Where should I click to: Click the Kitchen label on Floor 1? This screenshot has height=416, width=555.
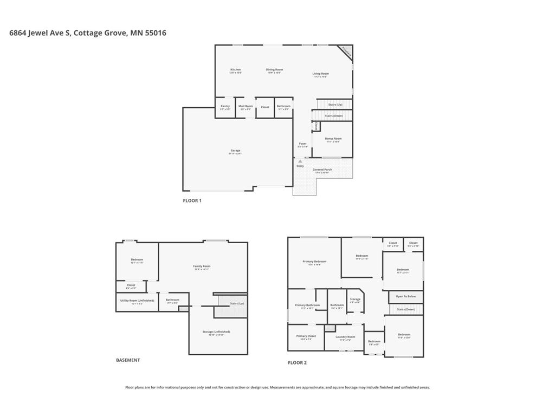pyautogui.click(x=235, y=70)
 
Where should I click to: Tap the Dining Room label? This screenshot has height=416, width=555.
pyautogui.click(x=274, y=70)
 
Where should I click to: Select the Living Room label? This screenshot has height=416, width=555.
pyautogui.click(x=320, y=74)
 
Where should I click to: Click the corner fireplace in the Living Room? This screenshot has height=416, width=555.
pyautogui.click(x=346, y=51)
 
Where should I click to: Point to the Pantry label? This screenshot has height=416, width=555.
pyautogui.click(x=225, y=106)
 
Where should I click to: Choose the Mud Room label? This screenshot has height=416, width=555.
pyautogui.click(x=246, y=106)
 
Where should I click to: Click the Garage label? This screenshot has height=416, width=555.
pyautogui.click(x=235, y=151)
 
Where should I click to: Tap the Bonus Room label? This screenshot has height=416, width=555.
pyautogui.click(x=333, y=139)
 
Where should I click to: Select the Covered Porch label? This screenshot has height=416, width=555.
pyautogui.click(x=322, y=170)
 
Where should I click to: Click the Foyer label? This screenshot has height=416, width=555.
pyautogui.click(x=302, y=144)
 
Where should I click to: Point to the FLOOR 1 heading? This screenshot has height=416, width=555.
pyautogui.click(x=192, y=200)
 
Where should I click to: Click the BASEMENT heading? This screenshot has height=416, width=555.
pyautogui.click(x=128, y=360)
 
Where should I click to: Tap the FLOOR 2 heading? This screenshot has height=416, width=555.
pyautogui.click(x=297, y=362)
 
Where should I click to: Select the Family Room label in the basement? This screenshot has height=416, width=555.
pyautogui.click(x=202, y=266)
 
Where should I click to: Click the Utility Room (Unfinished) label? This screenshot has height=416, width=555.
pyautogui.click(x=137, y=300)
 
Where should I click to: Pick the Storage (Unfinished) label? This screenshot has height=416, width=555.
pyautogui.click(x=216, y=331)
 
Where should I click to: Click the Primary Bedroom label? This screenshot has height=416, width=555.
pyautogui.click(x=314, y=262)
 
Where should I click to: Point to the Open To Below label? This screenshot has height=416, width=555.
pyautogui.click(x=405, y=296)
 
